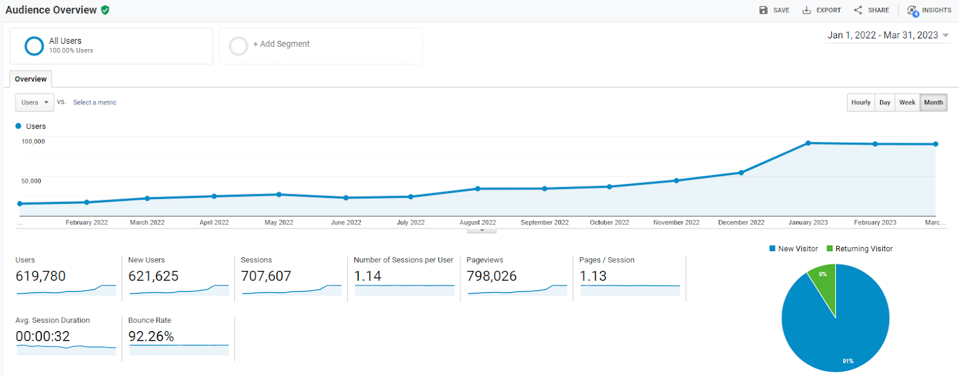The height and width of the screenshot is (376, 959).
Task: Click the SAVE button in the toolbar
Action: pyautogui.click(x=774, y=10)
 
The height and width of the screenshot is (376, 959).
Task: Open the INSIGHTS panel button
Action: pyautogui.click(x=929, y=10)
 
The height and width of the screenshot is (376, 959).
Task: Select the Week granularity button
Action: pyautogui.click(x=907, y=103)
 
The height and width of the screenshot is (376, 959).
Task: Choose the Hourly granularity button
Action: pyautogui.click(x=861, y=103)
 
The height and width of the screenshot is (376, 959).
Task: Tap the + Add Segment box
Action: pyautogui.click(x=321, y=46)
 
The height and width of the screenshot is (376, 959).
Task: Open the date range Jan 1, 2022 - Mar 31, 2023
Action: pyautogui.click(x=888, y=35)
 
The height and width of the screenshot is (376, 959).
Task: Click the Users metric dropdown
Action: pyautogui.click(x=35, y=103)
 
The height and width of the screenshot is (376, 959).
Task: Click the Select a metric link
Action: pyautogui.click(x=95, y=103)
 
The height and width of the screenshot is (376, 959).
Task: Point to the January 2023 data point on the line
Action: pyautogui.click(x=808, y=143)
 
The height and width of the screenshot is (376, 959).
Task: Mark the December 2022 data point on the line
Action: pyautogui.click(x=741, y=173)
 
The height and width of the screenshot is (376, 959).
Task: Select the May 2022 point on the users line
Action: pyautogui.click(x=279, y=194)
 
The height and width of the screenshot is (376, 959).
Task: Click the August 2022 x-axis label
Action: pyautogui.click(x=477, y=222)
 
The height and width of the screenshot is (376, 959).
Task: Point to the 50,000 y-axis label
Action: pyautogui.click(x=31, y=181)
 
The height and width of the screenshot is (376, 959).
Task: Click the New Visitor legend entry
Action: pyautogui.click(x=794, y=248)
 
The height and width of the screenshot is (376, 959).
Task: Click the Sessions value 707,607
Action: pyautogui.click(x=266, y=276)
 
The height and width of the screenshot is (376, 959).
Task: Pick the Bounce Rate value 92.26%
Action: pyautogui.click(x=151, y=336)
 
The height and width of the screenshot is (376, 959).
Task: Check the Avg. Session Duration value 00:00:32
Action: pyautogui.click(x=43, y=336)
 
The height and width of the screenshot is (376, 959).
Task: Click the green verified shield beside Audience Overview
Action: pyautogui.click(x=105, y=10)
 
